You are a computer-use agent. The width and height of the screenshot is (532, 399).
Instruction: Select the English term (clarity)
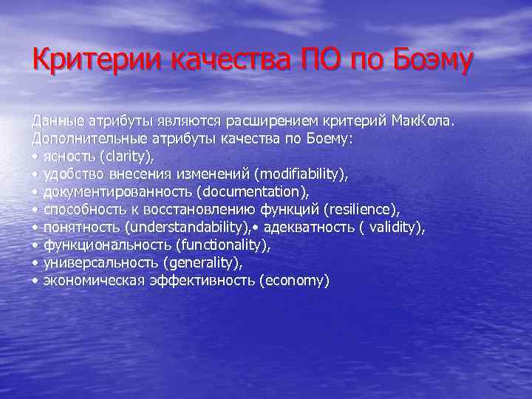click(128, 156)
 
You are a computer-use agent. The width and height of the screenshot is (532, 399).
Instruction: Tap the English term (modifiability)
click(300, 174)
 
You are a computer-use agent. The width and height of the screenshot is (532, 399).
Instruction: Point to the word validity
click(392, 227)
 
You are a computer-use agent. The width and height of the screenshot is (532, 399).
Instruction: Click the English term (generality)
click(203, 262)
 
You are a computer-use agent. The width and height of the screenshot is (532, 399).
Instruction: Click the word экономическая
click(91, 281)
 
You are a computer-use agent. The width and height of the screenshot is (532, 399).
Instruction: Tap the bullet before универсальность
click(35, 263)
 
